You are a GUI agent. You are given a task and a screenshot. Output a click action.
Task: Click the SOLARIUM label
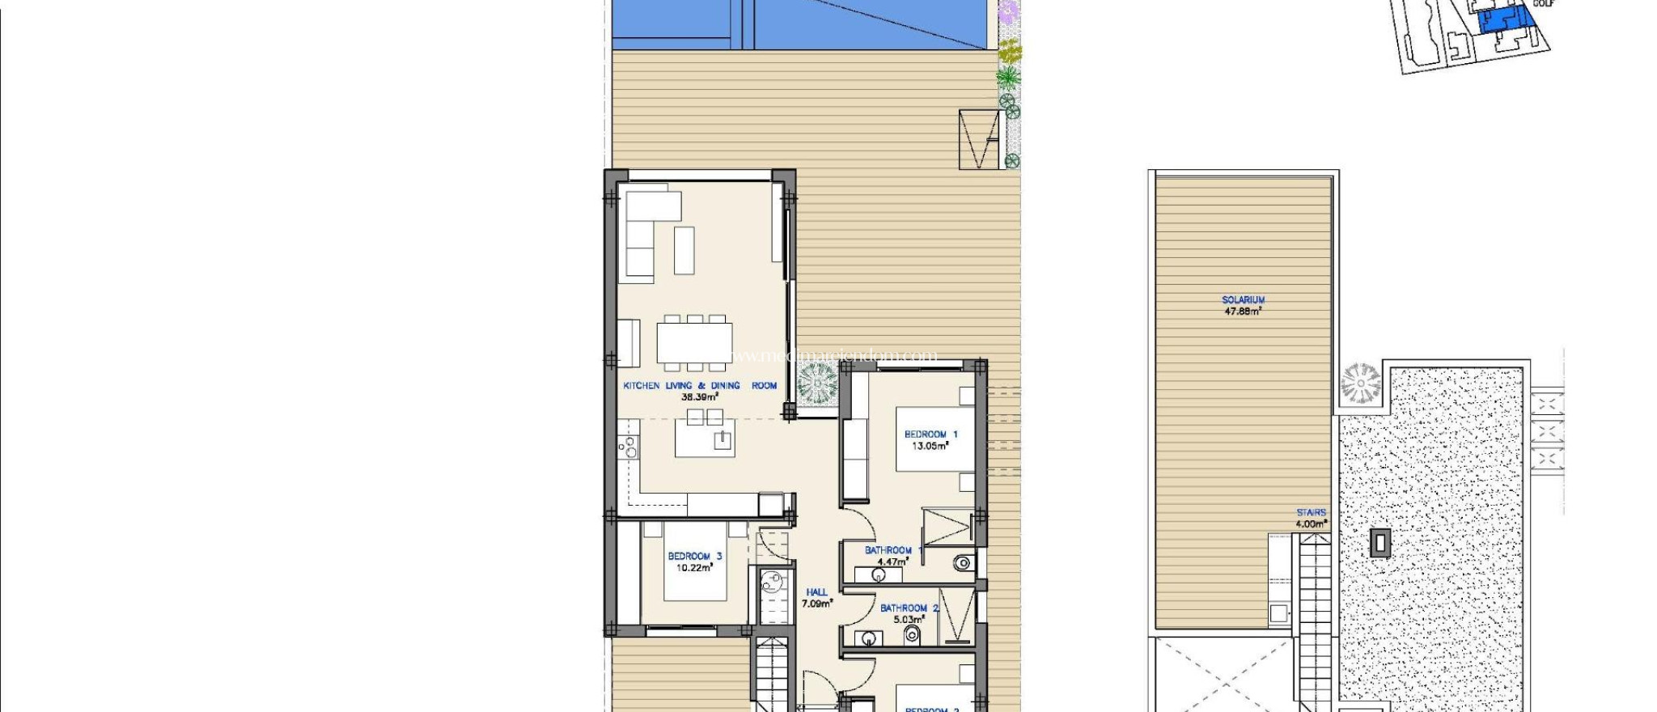point(1243,299)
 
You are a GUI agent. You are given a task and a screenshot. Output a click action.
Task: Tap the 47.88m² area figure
point(1243,311)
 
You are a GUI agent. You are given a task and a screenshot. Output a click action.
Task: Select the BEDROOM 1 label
point(930,434)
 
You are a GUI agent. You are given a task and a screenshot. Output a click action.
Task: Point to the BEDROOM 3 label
point(694,556)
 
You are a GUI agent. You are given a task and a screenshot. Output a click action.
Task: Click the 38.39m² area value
point(700,397)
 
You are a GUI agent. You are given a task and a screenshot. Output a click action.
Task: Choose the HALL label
point(816,592)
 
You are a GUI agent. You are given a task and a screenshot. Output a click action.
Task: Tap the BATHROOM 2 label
point(909,608)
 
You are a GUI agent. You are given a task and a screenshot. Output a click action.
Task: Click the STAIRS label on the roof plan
point(1311,512)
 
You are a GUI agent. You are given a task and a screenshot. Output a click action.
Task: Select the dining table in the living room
point(694,342)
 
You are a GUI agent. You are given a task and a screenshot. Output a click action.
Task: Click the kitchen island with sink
point(705,440)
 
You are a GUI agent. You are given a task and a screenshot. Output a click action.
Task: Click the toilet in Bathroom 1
point(962,562)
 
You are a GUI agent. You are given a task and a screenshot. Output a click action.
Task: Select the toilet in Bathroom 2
point(912,634)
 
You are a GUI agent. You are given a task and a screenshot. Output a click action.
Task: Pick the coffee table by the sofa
point(684,250)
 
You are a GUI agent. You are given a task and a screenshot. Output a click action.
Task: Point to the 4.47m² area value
point(892,562)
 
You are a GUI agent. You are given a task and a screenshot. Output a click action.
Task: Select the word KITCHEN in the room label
point(641,386)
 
